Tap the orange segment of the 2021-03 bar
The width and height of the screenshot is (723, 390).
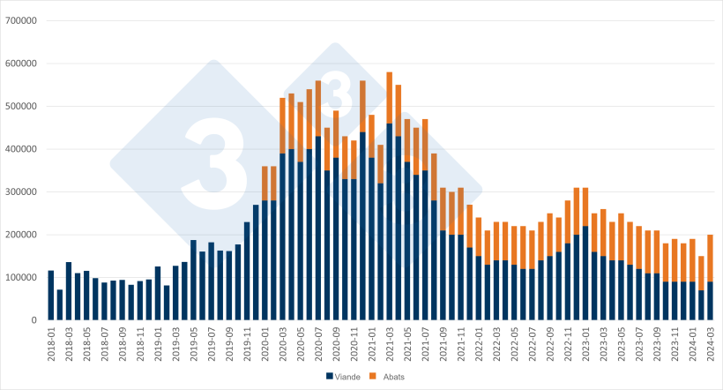click(390, 98)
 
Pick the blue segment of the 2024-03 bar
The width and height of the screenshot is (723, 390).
click(711, 301)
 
